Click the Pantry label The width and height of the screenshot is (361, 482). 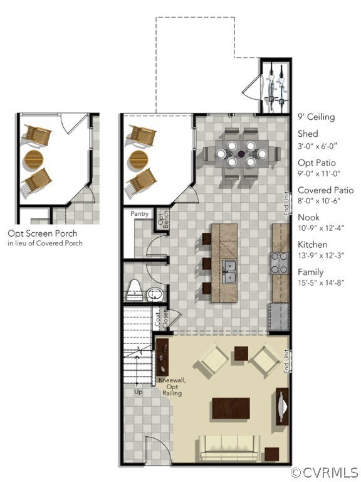(140, 214)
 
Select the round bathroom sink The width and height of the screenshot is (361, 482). (154, 294)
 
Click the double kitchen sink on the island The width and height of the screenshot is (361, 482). (229, 271)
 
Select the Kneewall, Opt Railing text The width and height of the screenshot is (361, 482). (172, 387)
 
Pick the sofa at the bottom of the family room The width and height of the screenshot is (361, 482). (229, 447)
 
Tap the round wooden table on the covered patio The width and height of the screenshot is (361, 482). (140, 159)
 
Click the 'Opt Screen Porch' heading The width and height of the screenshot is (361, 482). (43, 233)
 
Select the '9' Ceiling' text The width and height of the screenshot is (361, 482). (316, 117)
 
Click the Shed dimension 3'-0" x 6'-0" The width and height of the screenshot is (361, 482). (318, 146)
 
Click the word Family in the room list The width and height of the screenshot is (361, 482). (310, 272)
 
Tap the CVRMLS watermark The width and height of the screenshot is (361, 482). (325, 472)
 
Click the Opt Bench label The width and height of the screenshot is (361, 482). (162, 218)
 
